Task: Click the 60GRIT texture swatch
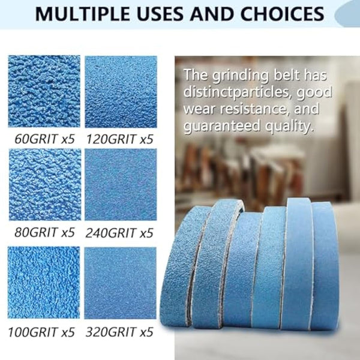click(44, 91)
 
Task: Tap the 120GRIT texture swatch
click(121, 91)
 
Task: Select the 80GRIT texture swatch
click(44, 184)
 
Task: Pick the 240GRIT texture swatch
click(121, 184)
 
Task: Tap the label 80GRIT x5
click(43, 232)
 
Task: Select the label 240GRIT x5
click(119, 232)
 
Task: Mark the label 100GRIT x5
click(43, 331)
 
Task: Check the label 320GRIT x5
click(119, 331)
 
